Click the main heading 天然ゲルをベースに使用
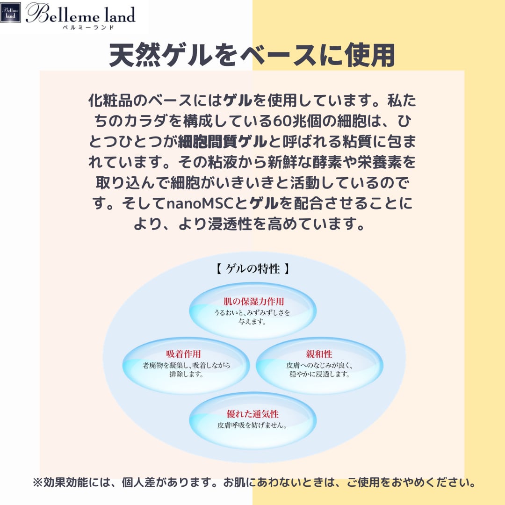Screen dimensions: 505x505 [252, 56]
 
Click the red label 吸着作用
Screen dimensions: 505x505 [183, 354]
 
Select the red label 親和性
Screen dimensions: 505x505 [319, 354]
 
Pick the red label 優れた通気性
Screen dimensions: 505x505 [252, 414]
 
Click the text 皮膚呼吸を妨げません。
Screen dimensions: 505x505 [252, 426]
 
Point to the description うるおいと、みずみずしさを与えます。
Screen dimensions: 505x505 [252, 317]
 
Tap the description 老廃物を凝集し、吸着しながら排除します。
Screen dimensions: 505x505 [186, 369]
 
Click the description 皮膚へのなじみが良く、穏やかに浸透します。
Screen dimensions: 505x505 [319, 369]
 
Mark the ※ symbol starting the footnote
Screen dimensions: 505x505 [37, 482]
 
